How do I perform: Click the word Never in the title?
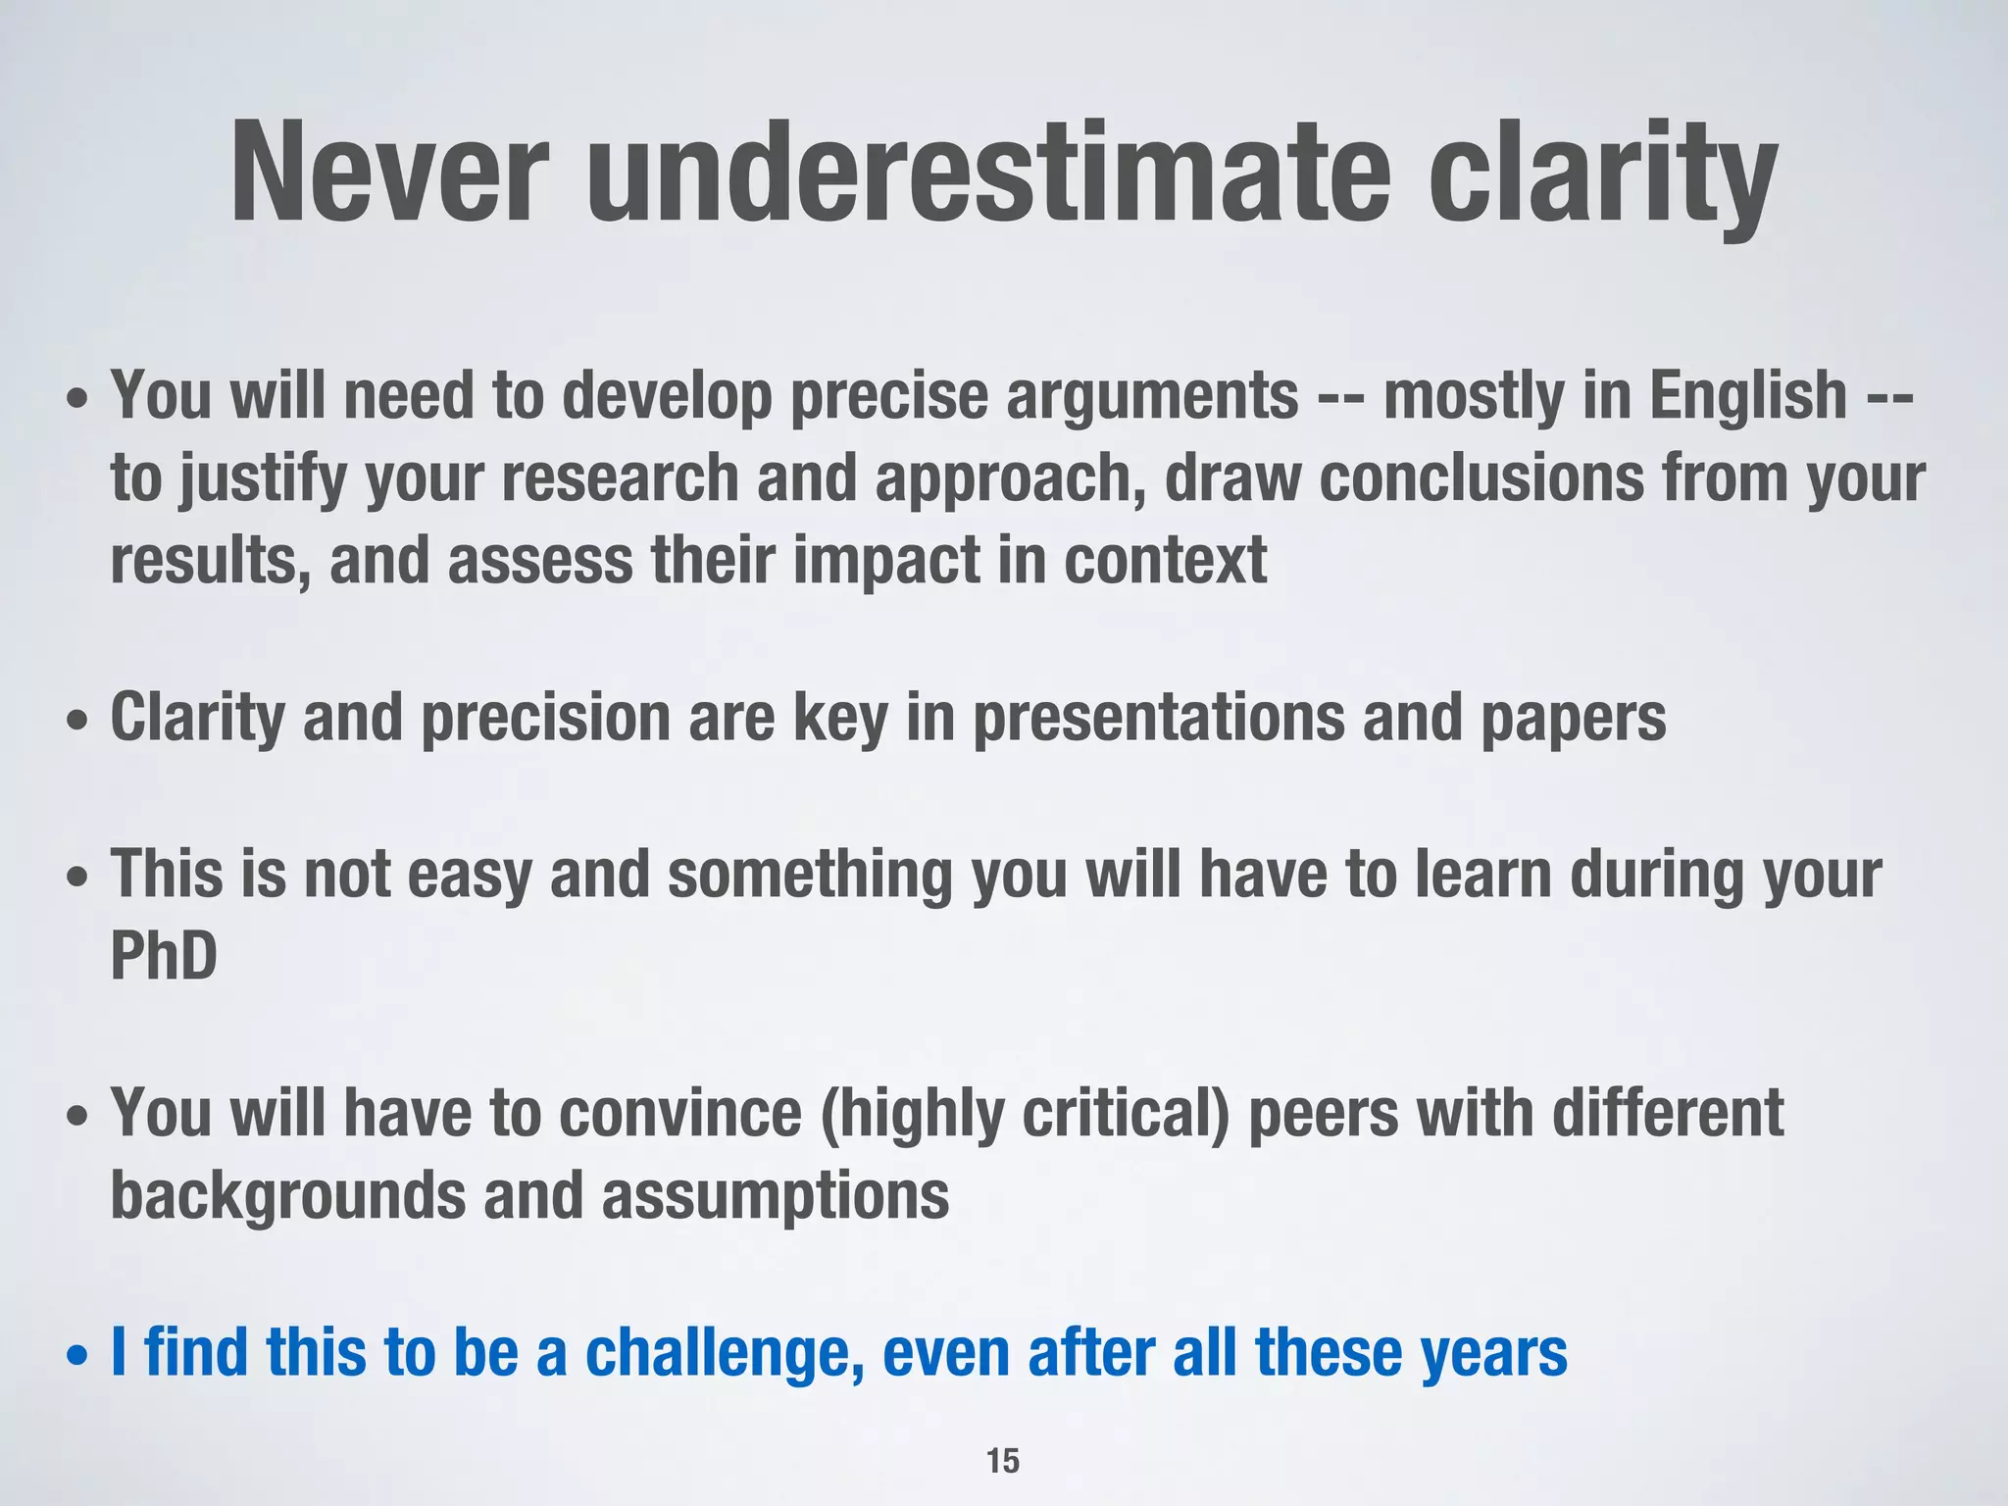386,174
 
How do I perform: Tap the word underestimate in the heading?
987,174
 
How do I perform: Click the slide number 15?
1003,1461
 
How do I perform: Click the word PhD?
164,957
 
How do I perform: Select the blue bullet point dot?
77,1358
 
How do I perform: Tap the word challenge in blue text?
725,1354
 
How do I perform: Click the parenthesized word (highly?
911,1115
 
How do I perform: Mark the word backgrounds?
287,1197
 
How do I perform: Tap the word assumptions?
775,1197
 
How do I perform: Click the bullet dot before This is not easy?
77,878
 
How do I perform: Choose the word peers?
1323,1115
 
